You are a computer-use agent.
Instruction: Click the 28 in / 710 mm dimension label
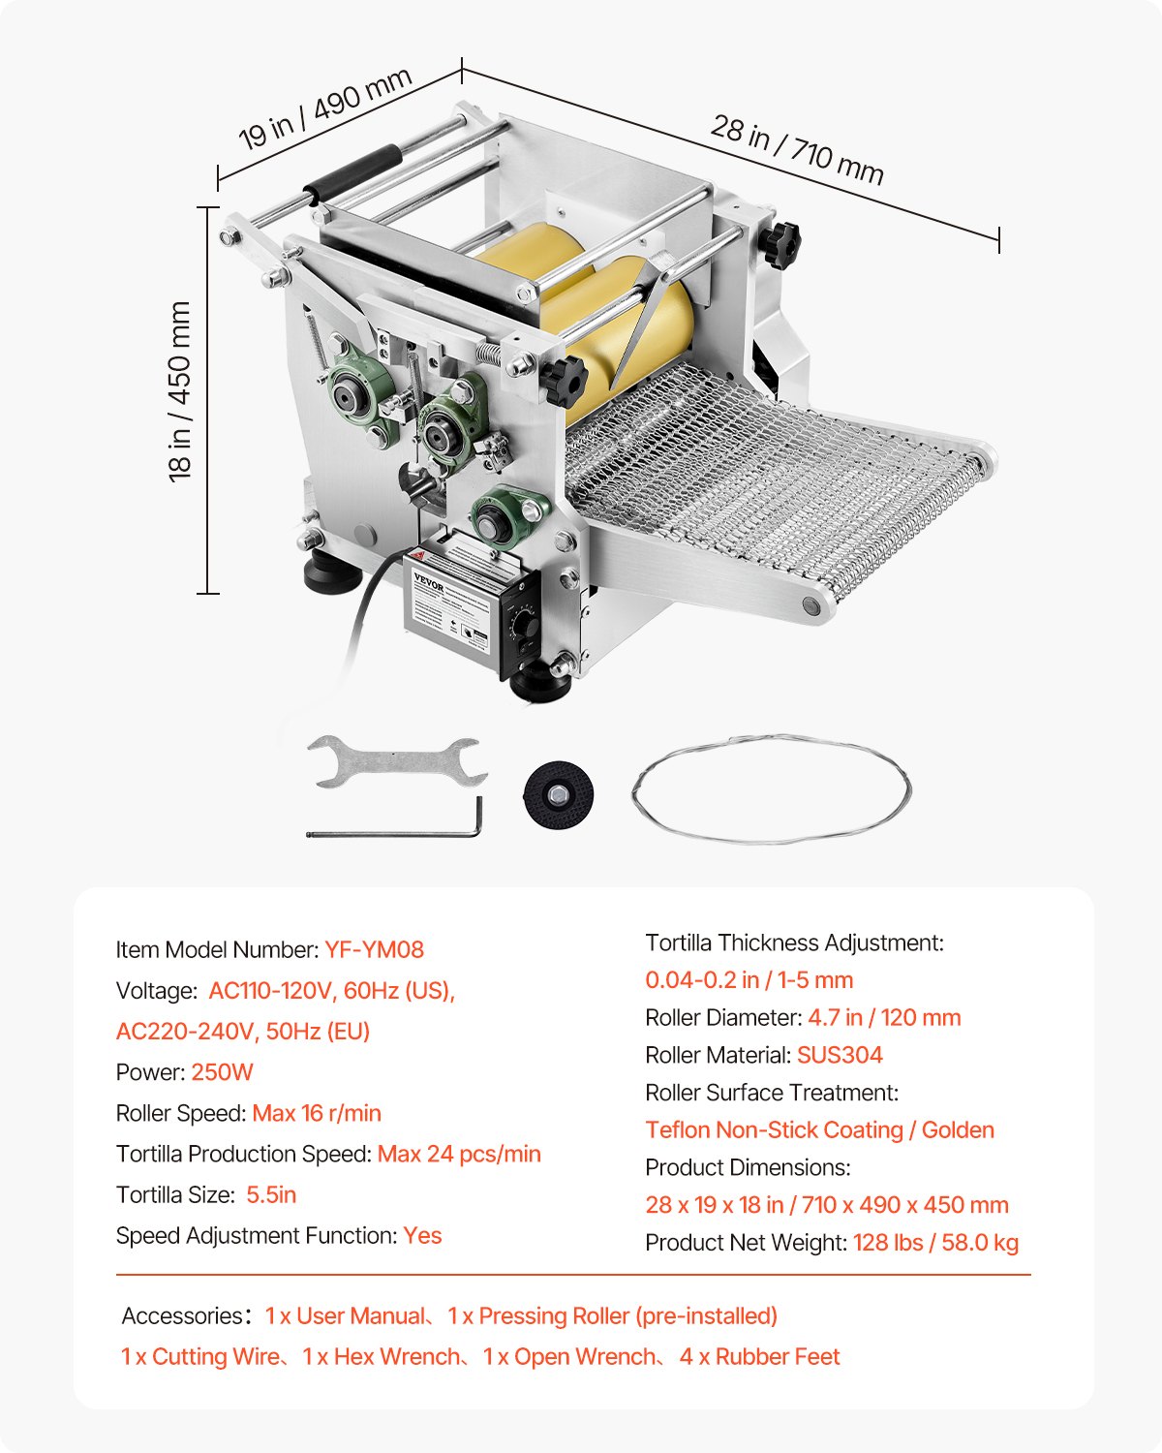797,150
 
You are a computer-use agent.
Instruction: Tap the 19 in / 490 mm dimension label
326,108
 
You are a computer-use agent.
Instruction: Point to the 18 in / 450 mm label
181,391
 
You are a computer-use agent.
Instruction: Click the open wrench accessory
396,762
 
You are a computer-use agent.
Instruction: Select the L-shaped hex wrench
396,828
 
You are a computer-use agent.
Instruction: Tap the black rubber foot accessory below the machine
558,793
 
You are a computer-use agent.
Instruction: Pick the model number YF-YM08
374,949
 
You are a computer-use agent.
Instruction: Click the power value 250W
222,1072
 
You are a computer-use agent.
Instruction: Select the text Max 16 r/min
317,1113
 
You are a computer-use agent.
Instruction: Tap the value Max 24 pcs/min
459,1154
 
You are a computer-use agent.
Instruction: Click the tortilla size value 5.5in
271,1194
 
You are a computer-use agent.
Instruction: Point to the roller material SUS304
840,1055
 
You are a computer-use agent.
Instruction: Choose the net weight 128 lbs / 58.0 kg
935,1242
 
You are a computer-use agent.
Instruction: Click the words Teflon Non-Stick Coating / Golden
819,1129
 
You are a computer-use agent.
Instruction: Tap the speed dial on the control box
525,621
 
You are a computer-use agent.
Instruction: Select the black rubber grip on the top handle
353,172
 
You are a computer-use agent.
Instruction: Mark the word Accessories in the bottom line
181,1315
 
